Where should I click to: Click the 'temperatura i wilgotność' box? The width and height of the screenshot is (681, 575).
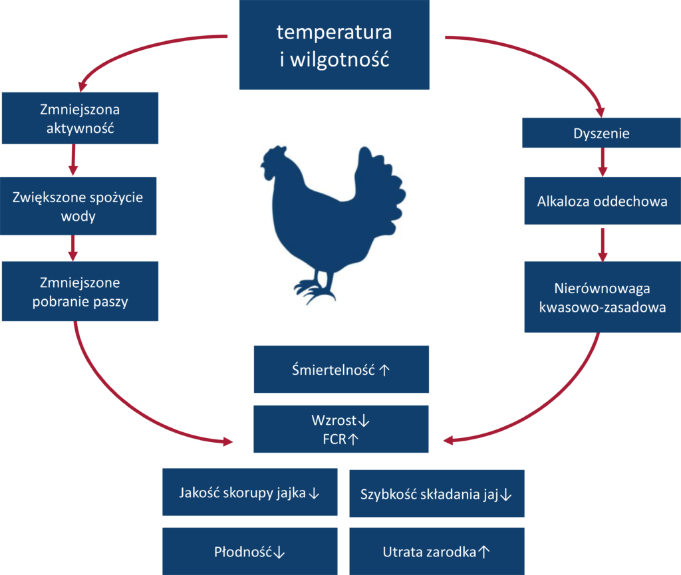(335, 45)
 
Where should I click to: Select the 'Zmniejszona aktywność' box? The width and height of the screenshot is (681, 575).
(80, 118)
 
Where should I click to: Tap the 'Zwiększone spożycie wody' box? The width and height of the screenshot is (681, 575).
(78, 206)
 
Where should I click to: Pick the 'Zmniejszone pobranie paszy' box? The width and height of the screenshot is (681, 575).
(80, 291)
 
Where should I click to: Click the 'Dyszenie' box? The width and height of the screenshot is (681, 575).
(601, 133)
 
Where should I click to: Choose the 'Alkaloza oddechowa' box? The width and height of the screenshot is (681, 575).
(602, 201)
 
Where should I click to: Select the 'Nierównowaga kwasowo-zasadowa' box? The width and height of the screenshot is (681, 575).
(602, 297)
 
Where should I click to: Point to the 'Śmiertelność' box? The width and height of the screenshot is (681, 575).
(341, 369)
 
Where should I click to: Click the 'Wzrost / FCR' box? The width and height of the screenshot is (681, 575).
(341, 429)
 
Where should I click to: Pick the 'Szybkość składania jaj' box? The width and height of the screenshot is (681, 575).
(436, 493)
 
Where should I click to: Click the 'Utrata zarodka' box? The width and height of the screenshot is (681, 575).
(436, 551)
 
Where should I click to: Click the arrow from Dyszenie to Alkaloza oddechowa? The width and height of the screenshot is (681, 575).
(603, 162)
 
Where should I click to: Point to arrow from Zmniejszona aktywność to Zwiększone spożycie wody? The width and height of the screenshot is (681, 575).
(74, 160)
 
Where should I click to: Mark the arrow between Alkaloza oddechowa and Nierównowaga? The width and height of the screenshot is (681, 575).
(603, 244)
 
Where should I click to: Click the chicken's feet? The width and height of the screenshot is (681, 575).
(313, 288)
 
